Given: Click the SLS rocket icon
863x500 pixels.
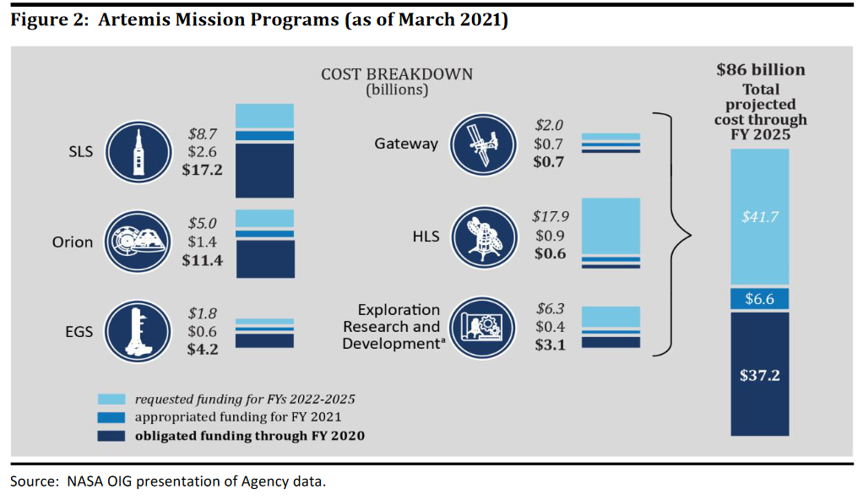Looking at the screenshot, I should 135,152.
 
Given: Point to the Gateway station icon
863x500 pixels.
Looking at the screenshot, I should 481,144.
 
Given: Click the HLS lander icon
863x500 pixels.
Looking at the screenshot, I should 481,236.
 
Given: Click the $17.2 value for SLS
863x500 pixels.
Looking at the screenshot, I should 202,170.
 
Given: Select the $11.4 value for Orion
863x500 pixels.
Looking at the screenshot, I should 202,260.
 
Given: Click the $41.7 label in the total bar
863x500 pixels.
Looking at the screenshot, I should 759,217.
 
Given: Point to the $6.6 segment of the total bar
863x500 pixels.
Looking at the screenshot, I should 759,298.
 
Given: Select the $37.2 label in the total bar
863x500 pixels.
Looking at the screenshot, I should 759,374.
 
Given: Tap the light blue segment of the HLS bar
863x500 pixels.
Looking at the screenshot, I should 611,226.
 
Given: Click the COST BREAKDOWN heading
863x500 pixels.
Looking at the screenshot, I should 396,74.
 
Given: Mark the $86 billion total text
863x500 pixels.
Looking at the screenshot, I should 760,70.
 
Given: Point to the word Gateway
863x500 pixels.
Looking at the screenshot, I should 406,144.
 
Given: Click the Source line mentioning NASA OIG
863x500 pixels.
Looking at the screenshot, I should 167,482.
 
